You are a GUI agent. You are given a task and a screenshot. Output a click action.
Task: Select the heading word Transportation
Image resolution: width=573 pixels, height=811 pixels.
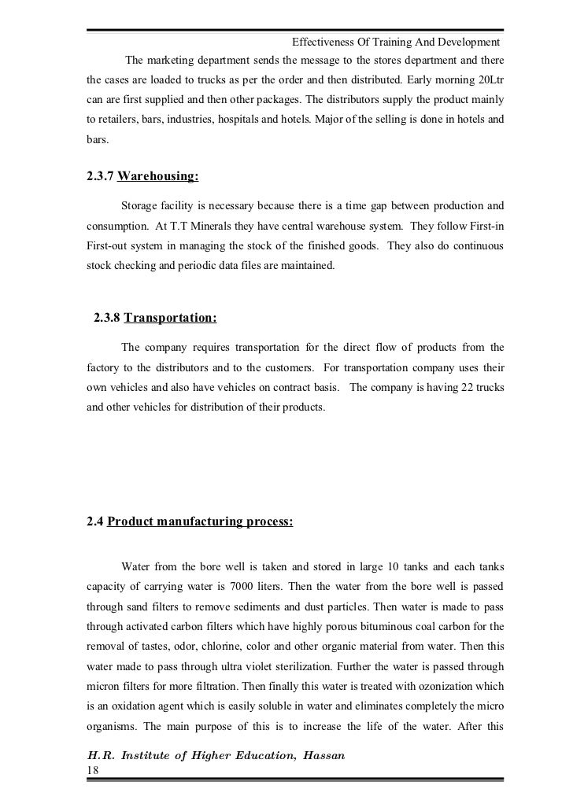pos(170,318)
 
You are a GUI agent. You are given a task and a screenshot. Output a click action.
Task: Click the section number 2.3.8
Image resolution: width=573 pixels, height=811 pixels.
pos(107,318)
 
